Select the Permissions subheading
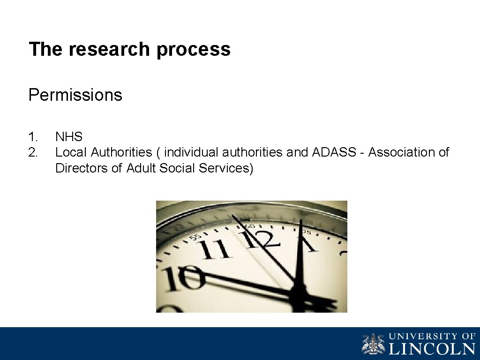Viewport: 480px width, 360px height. coord(75,95)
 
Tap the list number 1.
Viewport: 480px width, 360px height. coord(32,137)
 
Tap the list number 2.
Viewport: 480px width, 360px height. coord(32,152)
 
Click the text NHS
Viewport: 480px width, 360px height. coord(68,137)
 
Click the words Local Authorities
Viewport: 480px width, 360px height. coord(104,152)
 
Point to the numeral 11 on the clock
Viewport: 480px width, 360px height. coord(215,249)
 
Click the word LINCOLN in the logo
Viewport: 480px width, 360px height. coord(432,349)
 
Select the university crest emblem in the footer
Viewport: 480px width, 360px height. coord(373,344)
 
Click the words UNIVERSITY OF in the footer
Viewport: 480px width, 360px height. coord(432,336)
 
